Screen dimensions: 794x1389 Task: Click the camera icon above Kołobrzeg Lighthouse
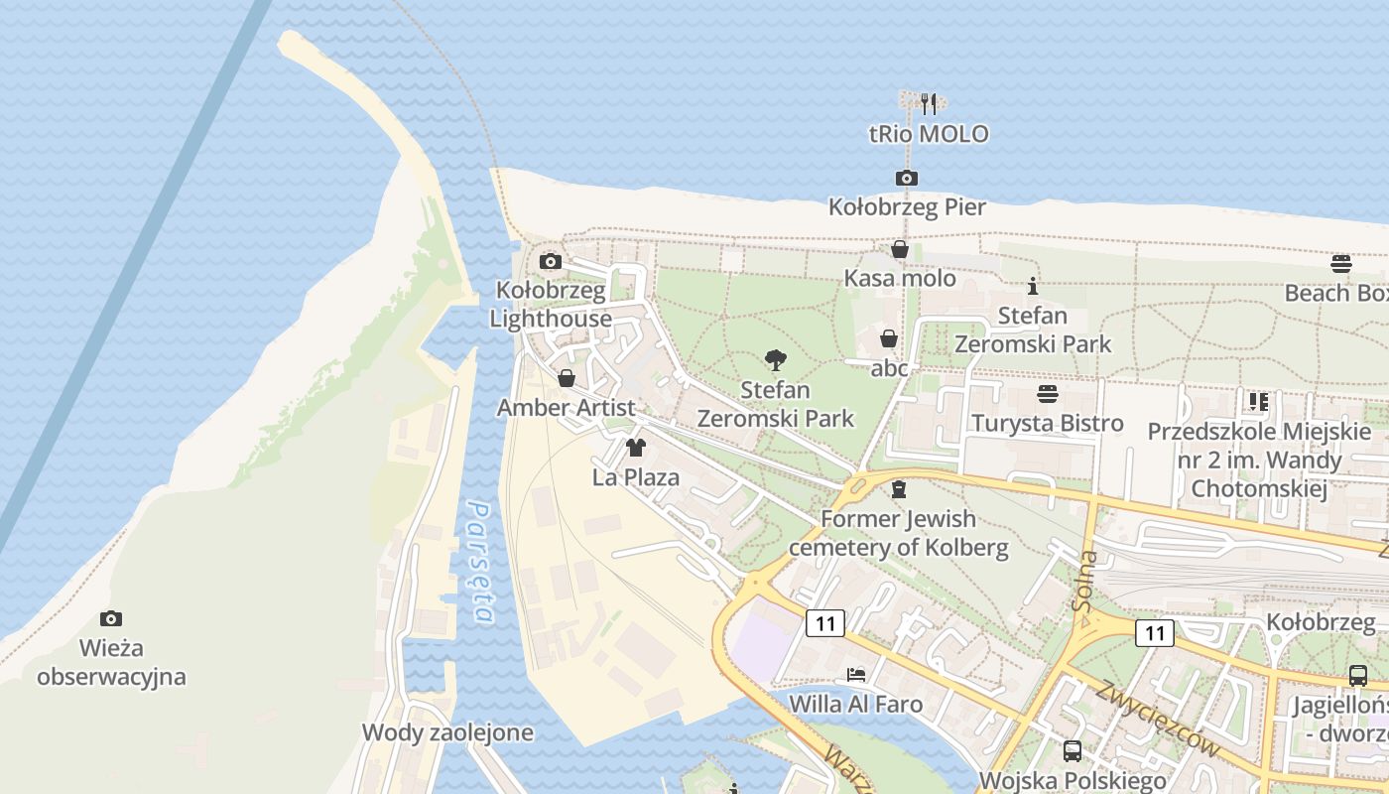pyautogui.click(x=551, y=262)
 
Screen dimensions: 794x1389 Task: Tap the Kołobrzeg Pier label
pyautogui.click(x=907, y=207)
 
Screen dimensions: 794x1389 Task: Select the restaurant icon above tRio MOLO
pyautogui.click(x=929, y=103)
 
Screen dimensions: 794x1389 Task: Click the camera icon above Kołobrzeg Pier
pyautogui.click(x=906, y=179)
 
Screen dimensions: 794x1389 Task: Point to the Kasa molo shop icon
pyautogui.click(x=900, y=250)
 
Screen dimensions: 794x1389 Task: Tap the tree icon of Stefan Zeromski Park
pyautogui.click(x=776, y=360)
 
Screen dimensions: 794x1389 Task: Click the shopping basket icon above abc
pyautogui.click(x=889, y=339)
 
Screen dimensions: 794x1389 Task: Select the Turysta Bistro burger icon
pyautogui.click(x=1047, y=394)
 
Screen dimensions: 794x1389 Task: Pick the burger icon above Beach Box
pyautogui.click(x=1341, y=264)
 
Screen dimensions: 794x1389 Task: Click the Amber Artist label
pyautogui.click(x=566, y=408)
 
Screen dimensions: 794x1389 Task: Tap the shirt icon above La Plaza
pyautogui.click(x=636, y=448)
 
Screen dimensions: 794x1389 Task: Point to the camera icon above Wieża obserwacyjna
pyautogui.click(x=111, y=619)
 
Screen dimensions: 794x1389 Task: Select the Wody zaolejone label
pyautogui.click(x=447, y=733)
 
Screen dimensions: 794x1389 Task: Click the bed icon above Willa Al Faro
pyautogui.click(x=856, y=675)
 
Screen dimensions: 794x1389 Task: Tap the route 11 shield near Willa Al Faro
pyautogui.click(x=824, y=623)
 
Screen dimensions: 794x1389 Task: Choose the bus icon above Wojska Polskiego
pyautogui.click(x=1073, y=751)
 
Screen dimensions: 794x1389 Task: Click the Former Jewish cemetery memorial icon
pyautogui.click(x=899, y=489)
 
